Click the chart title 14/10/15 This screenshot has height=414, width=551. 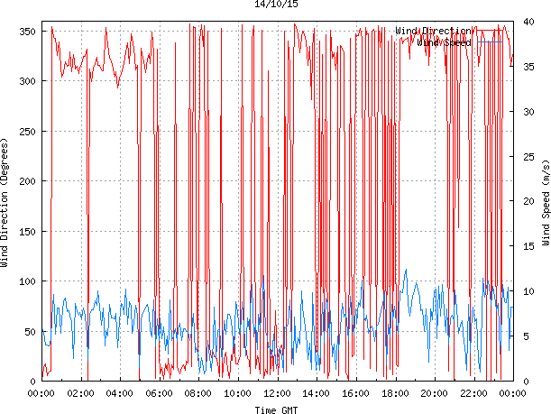click(x=277, y=5)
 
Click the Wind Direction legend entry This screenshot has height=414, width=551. click(x=433, y=31)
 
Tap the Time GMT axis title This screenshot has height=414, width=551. click(x=277, y=409)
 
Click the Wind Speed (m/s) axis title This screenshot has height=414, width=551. click(x=546, y=204)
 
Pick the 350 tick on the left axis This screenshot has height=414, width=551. click(x=26, y=32)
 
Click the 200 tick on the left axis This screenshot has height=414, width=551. click(x=26, y=181)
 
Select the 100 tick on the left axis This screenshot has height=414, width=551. click(x=26, y=281)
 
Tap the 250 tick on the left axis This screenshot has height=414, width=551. click(x=26, y=132)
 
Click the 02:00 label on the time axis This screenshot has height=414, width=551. click(x=80, y=393)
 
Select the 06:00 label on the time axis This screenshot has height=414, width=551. click(x=160, y=393)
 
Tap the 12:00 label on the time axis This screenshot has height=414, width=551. click(x=277, y=393)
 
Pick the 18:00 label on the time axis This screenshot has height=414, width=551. click(x=395, y=393)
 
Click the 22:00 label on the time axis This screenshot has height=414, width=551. click(x=473, y=393)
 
